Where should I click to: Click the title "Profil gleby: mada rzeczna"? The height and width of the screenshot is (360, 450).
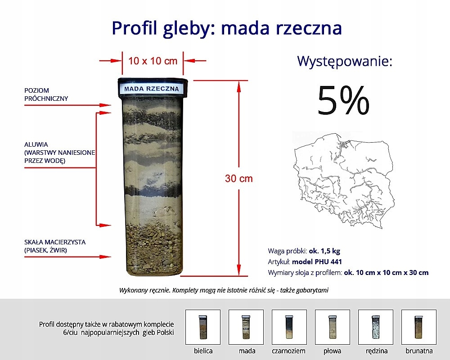[227, 28]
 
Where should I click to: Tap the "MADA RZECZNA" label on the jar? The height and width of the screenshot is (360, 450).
[152, 89]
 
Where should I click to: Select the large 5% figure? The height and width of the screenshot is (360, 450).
[343, 100]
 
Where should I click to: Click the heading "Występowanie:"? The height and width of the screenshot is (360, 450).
[345, 61]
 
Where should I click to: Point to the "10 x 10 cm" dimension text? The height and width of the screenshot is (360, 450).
[153, 61]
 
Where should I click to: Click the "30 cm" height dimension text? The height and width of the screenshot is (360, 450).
[239, 179]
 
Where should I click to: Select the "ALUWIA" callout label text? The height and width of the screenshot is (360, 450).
[36, 145]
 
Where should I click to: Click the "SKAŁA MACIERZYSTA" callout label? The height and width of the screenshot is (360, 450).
[55, 242]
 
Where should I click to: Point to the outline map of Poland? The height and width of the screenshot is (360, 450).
[344, 178]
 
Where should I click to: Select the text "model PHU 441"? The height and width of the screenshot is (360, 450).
[312, 262]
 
